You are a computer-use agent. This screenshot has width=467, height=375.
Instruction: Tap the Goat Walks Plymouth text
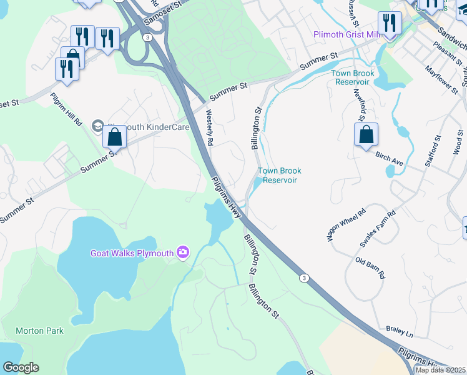click(x=132, y=253)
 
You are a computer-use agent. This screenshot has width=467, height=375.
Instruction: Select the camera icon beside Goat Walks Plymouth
click(x=182, y=252)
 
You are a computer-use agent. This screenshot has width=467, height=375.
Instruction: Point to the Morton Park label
click(x=36, y=331)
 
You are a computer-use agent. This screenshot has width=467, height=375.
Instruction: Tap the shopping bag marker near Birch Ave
click(x=366, y=134)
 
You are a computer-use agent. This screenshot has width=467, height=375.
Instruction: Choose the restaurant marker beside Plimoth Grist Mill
click(x=390, y=24)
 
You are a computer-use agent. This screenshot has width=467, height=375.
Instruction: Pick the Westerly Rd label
click(x=210, y=129)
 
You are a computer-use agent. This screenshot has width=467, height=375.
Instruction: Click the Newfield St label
click(x=360, y=106)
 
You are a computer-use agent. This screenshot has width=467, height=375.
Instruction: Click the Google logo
click(x=21, y=367)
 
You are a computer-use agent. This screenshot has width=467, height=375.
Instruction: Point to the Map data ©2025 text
click(x=441, y=370)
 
